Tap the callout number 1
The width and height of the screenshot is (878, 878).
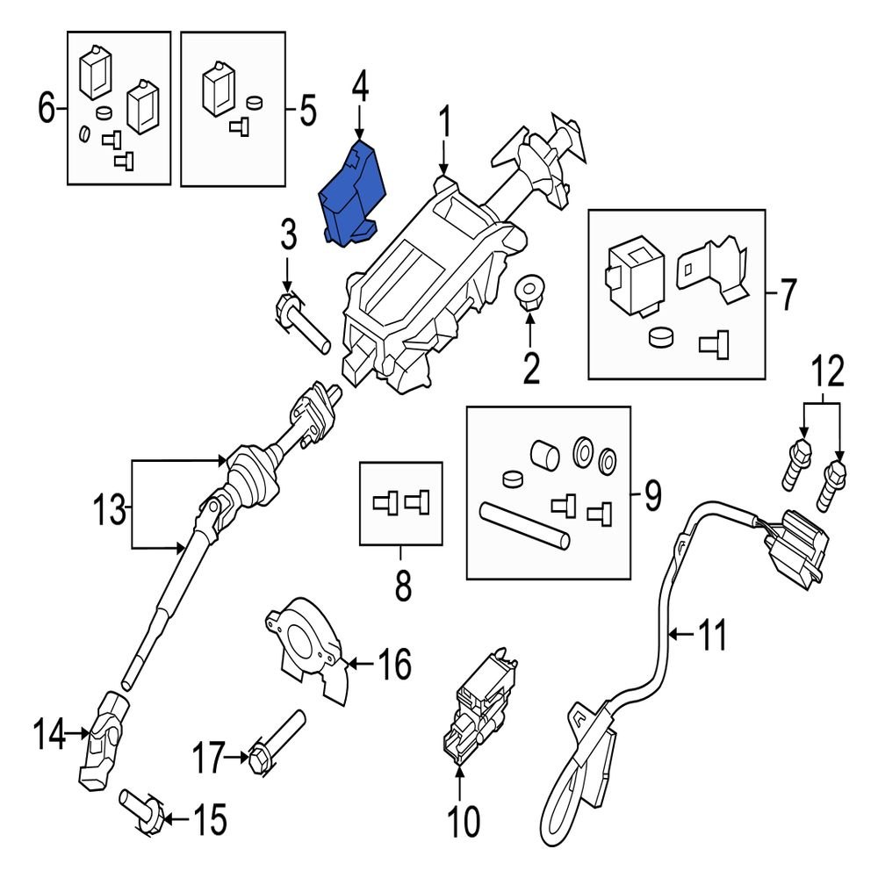[444, 123]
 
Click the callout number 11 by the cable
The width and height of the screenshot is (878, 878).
[712, 634]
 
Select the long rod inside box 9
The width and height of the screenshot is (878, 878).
[524, 524]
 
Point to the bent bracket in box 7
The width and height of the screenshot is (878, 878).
[712, 269]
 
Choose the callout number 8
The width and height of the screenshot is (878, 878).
[401, 587]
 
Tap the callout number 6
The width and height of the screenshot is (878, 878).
[46, 109]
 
